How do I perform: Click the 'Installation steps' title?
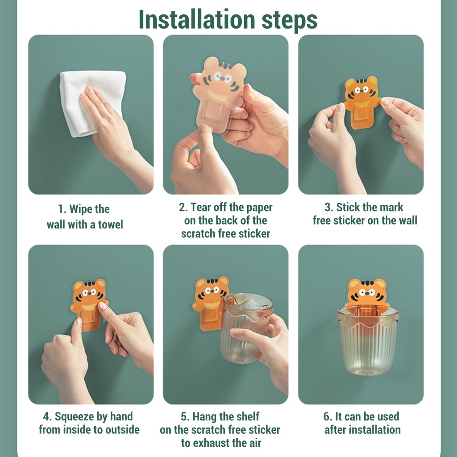click(228, 20)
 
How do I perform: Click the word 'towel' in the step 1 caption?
click(111, 225)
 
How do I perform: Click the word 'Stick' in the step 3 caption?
click(349, 207)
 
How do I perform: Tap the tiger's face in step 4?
click(88, 293)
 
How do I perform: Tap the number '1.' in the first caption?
click(62, 209)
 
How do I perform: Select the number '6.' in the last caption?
click(328, 416)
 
